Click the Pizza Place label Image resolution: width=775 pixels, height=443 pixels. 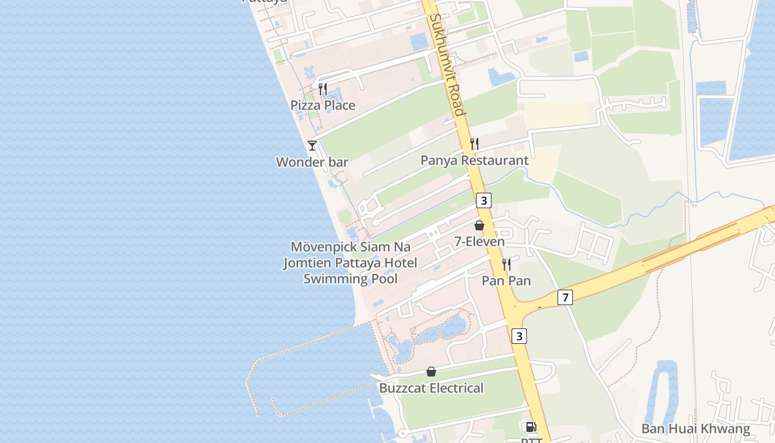point(323,105)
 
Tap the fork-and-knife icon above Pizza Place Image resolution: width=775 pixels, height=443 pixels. point(323,89)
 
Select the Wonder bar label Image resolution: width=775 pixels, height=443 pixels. point(312,162)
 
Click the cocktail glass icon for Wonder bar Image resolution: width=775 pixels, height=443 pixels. point(312,145)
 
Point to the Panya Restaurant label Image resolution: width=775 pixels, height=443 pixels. point(474,161)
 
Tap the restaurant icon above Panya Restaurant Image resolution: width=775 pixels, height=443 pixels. point(474,144)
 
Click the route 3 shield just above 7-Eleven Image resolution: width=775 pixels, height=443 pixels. point(484,200)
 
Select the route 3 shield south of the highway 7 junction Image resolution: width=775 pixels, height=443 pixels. point(519,336)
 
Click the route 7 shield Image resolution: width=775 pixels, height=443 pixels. point(565,297)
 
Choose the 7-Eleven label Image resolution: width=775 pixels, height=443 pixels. point(479,241)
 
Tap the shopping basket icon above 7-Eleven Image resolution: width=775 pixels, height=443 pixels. point(479,225)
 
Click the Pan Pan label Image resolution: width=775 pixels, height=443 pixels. point(506,281)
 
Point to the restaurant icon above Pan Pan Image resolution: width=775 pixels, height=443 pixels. point(506,264)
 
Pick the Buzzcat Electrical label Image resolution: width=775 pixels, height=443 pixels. point(431,388)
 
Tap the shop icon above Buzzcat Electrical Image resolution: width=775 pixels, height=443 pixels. point(431,372)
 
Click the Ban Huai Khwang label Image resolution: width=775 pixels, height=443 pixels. point(696,429)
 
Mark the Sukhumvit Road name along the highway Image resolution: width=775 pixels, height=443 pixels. point(446,64)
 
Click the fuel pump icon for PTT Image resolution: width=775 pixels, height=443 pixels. point(530,427)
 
